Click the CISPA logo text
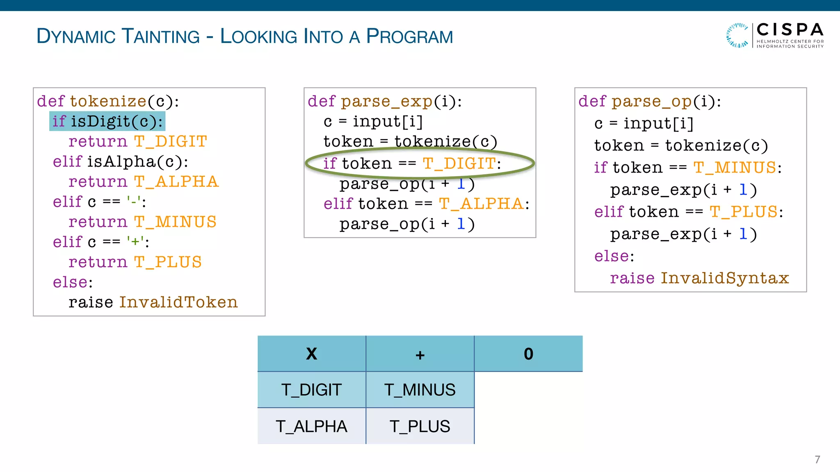[790, 30]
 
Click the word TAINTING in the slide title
[161, 36]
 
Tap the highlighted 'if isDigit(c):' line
[107, 121]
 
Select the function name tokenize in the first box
[108, 101]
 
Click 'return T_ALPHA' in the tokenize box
[143, 182]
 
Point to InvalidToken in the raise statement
[178, 302]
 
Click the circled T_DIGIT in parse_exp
[459, 163]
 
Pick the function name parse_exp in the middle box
[386, 101]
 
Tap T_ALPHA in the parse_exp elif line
[481, 204]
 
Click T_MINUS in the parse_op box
[735, 168]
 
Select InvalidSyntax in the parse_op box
[725, 278]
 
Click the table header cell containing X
[312, 354]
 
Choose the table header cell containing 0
[528, 354]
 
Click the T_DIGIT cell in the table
[312, 390]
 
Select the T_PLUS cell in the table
[420, 427]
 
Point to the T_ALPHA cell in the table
[312, 427]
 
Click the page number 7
[817, 459]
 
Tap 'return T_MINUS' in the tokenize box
[142, 222]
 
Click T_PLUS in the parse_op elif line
[744, 212]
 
